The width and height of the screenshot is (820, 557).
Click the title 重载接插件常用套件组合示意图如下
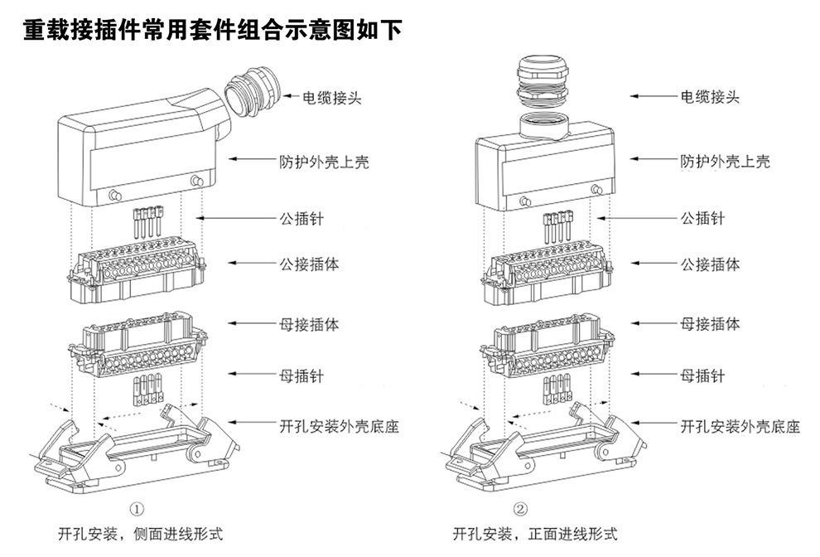coord(212,31)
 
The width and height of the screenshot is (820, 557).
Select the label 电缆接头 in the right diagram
coord(710,97)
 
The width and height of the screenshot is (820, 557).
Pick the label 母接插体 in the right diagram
coord(710,324)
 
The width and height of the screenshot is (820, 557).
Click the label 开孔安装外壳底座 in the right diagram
coord(740,428)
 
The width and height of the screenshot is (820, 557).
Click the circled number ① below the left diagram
coord(139,508)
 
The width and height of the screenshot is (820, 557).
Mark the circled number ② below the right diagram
coord(520,508)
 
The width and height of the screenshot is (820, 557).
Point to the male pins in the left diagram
coord(147,223)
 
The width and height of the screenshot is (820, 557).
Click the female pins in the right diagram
coord(557,388)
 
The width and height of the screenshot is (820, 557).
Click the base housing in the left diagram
coord(133,452)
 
